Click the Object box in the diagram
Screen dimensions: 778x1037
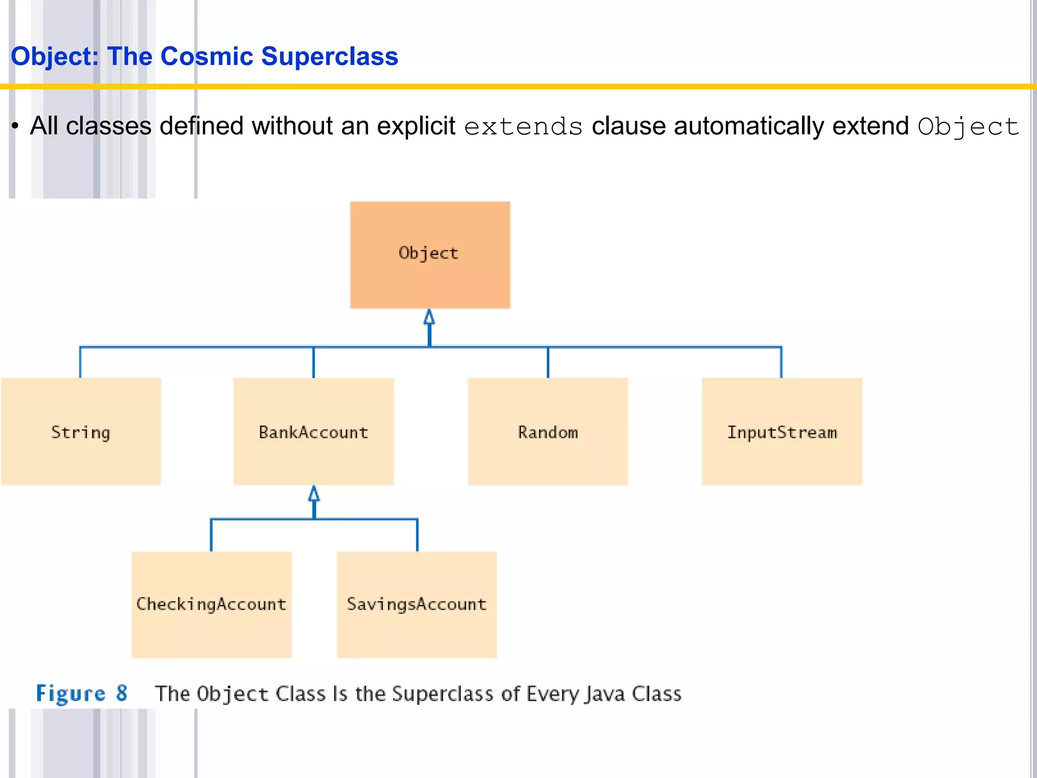click(430, 255)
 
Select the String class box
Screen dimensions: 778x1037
click(81, 432)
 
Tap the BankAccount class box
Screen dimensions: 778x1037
click(313, 432)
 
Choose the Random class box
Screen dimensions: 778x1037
click(548, 432)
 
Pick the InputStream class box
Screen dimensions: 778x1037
click(782, 432)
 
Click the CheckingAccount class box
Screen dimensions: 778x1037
click(212, 605)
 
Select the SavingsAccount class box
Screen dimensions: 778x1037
click(417, 605)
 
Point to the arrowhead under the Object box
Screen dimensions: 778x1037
click(429, 318)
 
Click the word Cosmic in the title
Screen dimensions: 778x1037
click(207, 56)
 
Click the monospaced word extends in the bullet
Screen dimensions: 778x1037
click(523, 127)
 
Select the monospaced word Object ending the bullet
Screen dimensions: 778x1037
click(968, 127)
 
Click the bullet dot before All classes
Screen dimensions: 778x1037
click(16, 126)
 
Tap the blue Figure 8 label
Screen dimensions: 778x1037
click(81, 693)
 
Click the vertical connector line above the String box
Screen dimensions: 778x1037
click(80, 363)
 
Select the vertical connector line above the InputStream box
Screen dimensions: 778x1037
click(781, 363)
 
